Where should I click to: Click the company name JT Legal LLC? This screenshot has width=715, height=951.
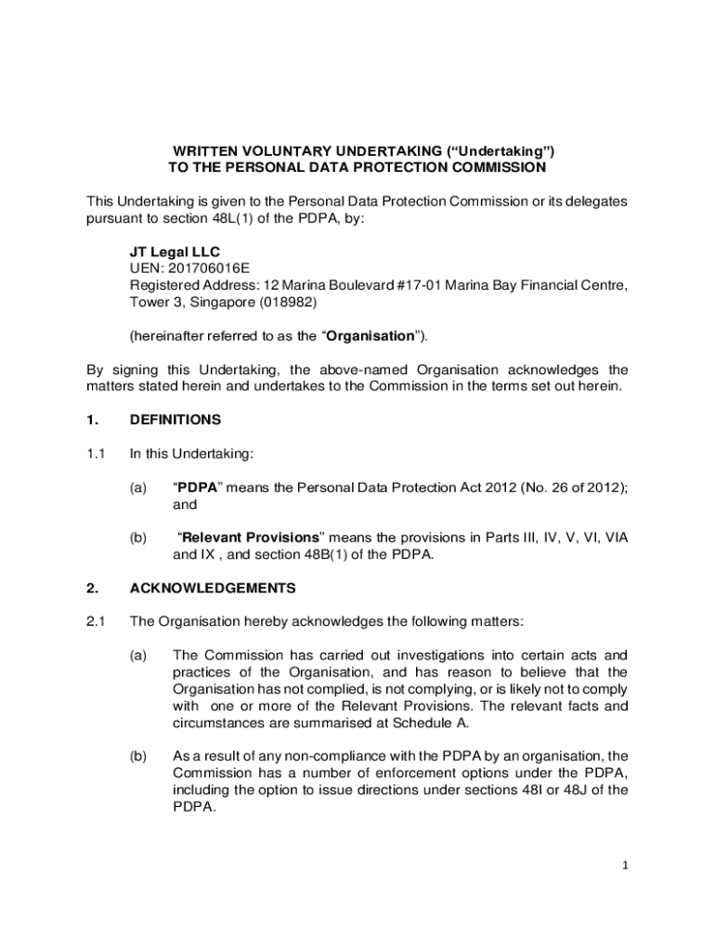pos(175,252)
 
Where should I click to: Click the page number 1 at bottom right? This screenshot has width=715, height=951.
pos(625,866)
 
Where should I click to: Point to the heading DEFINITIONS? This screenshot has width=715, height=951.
pos(175,420)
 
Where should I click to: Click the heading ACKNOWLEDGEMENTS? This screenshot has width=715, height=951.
pos(213,588)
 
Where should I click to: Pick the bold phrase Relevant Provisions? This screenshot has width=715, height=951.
pos(250,538)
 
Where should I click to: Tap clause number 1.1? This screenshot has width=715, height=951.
pos(96,453)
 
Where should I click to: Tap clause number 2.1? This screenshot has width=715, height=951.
pos(96,621)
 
